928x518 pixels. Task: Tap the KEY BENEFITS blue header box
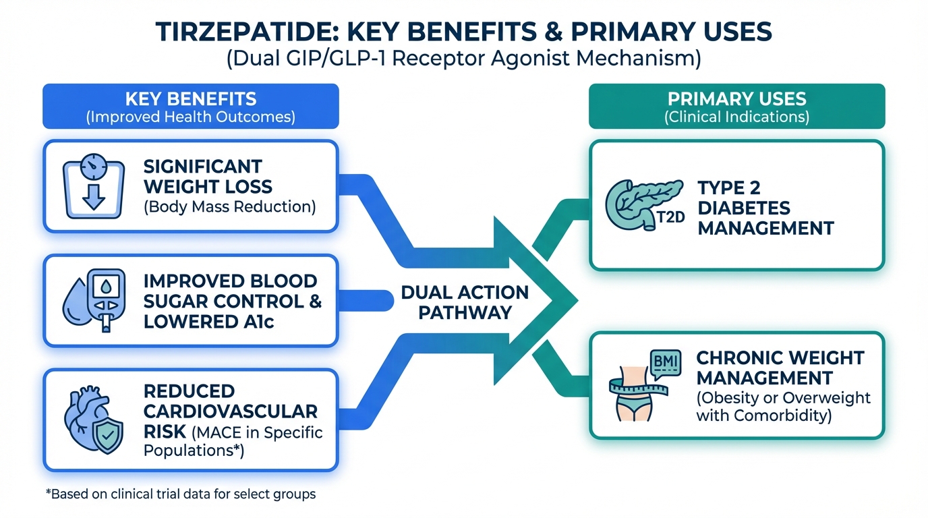point(190,106)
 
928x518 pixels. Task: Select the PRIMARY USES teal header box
point(736,106)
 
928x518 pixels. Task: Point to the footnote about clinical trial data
point(181,494)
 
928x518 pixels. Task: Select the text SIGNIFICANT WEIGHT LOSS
point(202,175)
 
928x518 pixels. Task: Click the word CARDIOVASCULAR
point(231,411)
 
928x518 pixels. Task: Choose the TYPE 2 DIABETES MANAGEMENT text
point(765,208)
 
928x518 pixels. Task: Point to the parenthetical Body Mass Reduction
point(230,206)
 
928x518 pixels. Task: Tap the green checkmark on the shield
point(105,433)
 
